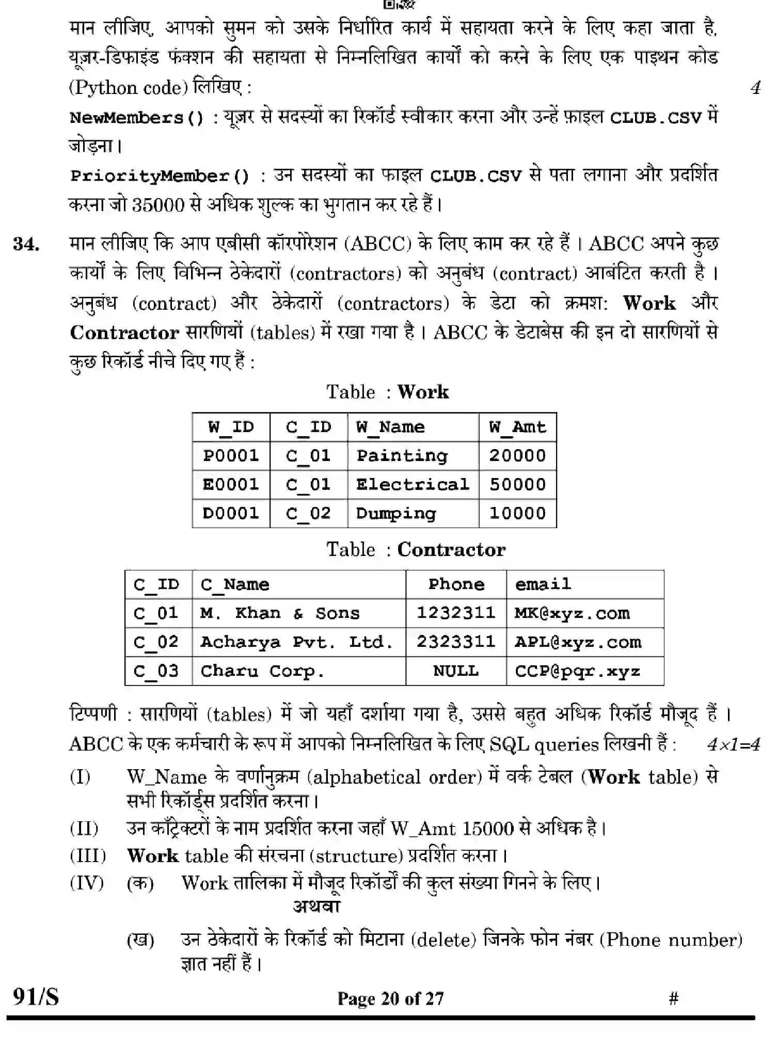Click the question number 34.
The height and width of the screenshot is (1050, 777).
[26, 244]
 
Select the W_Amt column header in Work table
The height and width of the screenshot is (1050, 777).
[517, 427]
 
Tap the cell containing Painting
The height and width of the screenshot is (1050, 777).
[402, 456]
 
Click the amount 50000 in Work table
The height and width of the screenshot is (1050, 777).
[517, 485]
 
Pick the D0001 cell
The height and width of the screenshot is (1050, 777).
[230, 514]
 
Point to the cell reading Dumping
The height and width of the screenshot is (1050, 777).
[396, 514]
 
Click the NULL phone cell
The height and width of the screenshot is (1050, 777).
[455, 671]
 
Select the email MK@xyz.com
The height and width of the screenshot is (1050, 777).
[572, 613]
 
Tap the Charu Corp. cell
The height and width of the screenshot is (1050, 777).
[262, 671]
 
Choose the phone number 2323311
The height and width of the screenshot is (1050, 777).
[455, 642]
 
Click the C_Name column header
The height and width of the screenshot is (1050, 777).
[234, 585]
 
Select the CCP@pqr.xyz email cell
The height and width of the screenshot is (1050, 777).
[577, 671]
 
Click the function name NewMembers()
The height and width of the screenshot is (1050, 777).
[137, 118]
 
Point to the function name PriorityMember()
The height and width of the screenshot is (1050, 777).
[160, 177]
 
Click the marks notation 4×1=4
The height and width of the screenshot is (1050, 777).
[733, 744]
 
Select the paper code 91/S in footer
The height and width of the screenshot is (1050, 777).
[36, 996]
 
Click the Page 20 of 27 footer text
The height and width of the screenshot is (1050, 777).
[390, 998]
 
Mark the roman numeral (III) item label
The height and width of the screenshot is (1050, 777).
[88, 856]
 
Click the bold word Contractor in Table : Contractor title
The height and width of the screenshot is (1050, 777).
[451, 550]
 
